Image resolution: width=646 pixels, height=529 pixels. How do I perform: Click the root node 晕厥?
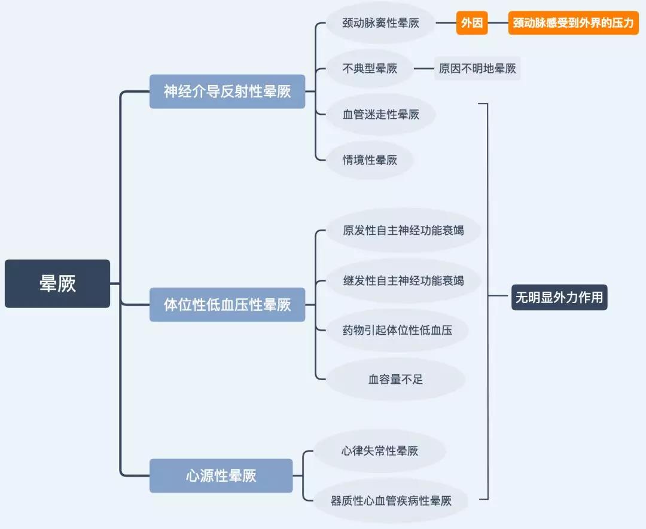pos(57,283)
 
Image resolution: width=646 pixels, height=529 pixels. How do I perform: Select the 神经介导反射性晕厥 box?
pos(227,91)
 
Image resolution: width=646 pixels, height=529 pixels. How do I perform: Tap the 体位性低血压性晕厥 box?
pos(227,304)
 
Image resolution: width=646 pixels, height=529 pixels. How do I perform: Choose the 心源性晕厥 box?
pos(221,476)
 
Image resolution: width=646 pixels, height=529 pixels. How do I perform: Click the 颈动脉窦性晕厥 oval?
pos(380,23)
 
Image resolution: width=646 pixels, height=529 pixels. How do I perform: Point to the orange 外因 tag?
pos(472,23)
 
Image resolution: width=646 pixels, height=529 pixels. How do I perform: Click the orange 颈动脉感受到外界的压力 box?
pos(573,23)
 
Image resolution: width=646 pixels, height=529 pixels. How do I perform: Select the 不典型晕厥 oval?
pos(370,69)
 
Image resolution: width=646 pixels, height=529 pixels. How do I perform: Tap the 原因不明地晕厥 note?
pos(477,69)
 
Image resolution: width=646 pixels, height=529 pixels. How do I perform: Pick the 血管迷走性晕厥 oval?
pos(380,114)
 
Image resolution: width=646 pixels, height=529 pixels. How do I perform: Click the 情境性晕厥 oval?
pos(370,160)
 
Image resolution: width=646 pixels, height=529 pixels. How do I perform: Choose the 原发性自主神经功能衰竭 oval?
pos(403,230)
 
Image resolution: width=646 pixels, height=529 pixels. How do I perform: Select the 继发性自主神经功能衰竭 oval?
pos(403,280)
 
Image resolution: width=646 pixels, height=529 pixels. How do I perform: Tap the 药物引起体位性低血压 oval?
pos(397,329)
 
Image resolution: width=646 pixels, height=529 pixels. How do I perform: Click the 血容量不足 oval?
pos(395,379)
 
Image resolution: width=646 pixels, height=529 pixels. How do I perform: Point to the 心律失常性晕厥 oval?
pos(380,451)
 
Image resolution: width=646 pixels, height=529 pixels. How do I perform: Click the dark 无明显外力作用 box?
pos(559,297)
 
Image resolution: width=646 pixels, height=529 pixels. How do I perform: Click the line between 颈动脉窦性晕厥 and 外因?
pos(446,23)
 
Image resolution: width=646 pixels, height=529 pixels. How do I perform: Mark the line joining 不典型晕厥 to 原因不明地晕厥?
pos(424,69)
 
